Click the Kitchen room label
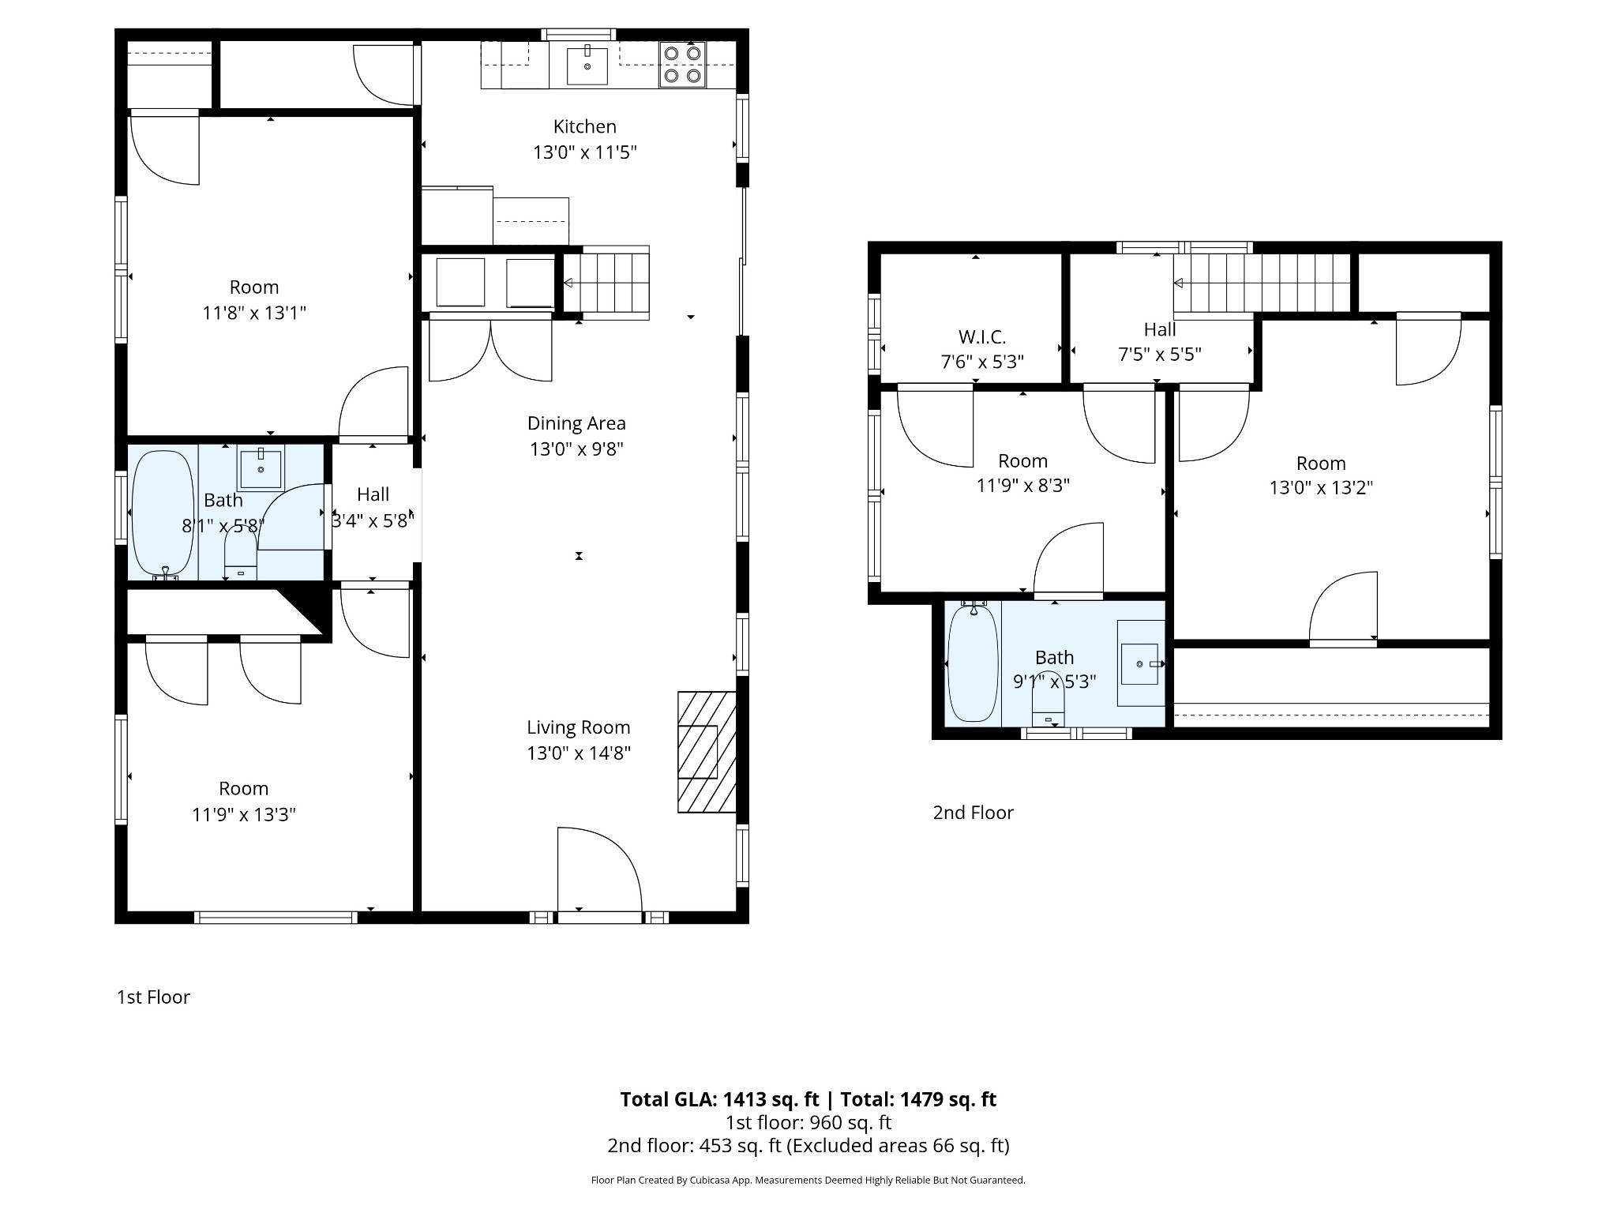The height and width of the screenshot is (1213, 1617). [584, 126]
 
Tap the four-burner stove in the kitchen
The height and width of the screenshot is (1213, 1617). [682, 65]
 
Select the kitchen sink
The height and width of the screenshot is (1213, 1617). [587, 66]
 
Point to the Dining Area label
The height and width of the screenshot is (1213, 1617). [576, 423]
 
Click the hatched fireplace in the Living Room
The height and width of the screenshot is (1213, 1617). [707, 752]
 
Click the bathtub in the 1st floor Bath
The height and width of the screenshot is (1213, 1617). [163, 513]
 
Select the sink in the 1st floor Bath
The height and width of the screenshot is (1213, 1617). [260, 468]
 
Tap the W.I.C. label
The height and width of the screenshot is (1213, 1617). [982, 337]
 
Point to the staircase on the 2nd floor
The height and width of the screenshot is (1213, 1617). [1262, 283]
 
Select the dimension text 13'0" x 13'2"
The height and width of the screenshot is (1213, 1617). [1321, 488]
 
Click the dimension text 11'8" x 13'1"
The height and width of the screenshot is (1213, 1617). [254, 313]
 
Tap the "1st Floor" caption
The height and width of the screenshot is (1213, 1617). [153, 997]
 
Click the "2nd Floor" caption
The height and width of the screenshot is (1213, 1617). [973, 813]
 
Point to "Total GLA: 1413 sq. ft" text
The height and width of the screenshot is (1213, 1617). [719, 1099]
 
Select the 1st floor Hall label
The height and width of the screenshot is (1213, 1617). [373, 494]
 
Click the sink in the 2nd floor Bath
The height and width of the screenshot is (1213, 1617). [1141, 663]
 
